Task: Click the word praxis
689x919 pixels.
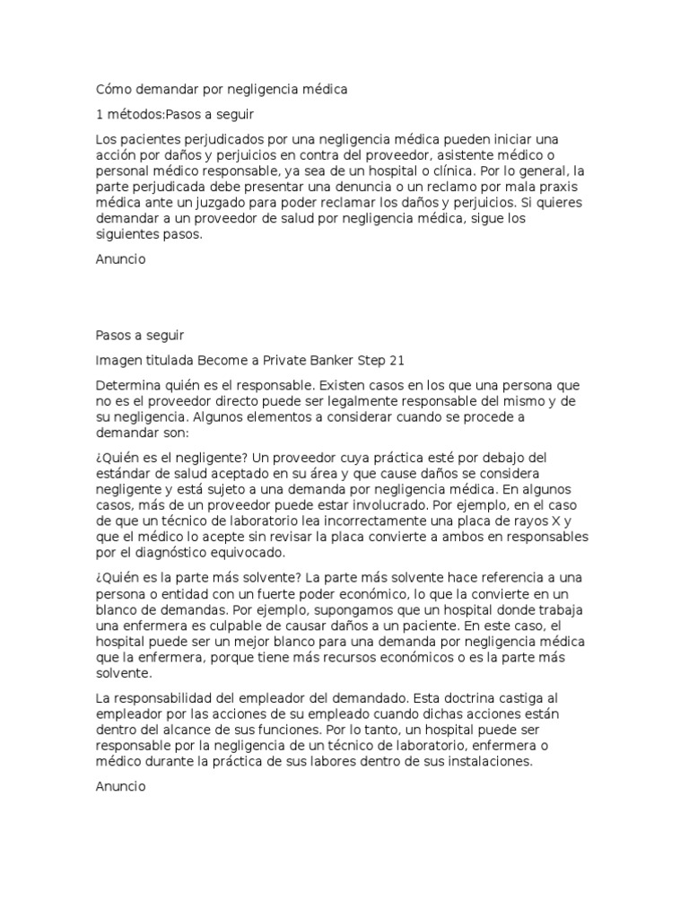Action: pos(563,187)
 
